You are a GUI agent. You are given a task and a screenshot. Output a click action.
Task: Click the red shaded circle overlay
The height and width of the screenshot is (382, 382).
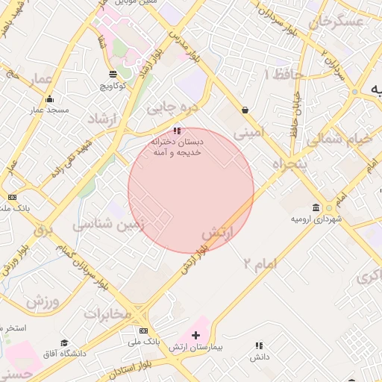pyautogui.click(x=191, y=190)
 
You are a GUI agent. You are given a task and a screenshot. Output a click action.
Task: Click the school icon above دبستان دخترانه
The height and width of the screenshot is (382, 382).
pyautogui.click(x=176, y=130)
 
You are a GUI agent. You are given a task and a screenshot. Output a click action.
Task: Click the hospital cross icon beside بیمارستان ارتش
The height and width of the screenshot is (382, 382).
pyautogui.click(x=196, y=335)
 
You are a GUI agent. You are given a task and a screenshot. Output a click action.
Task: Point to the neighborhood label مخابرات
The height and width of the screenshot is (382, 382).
pyautogui.click(x=107, y=313)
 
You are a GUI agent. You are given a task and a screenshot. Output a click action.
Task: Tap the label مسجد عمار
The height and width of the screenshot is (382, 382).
pyautogui.click(x=49, y=110)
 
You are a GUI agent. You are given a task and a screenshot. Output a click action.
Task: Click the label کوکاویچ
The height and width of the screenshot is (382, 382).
pyautogui.click(x=113, y=86)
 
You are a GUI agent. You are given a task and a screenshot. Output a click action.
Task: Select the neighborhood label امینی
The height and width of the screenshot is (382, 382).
pyautogui.click(x=249, y=134)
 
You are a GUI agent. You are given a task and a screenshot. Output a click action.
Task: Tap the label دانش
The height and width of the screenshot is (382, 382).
pyautogui.click(x=259, y=357)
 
